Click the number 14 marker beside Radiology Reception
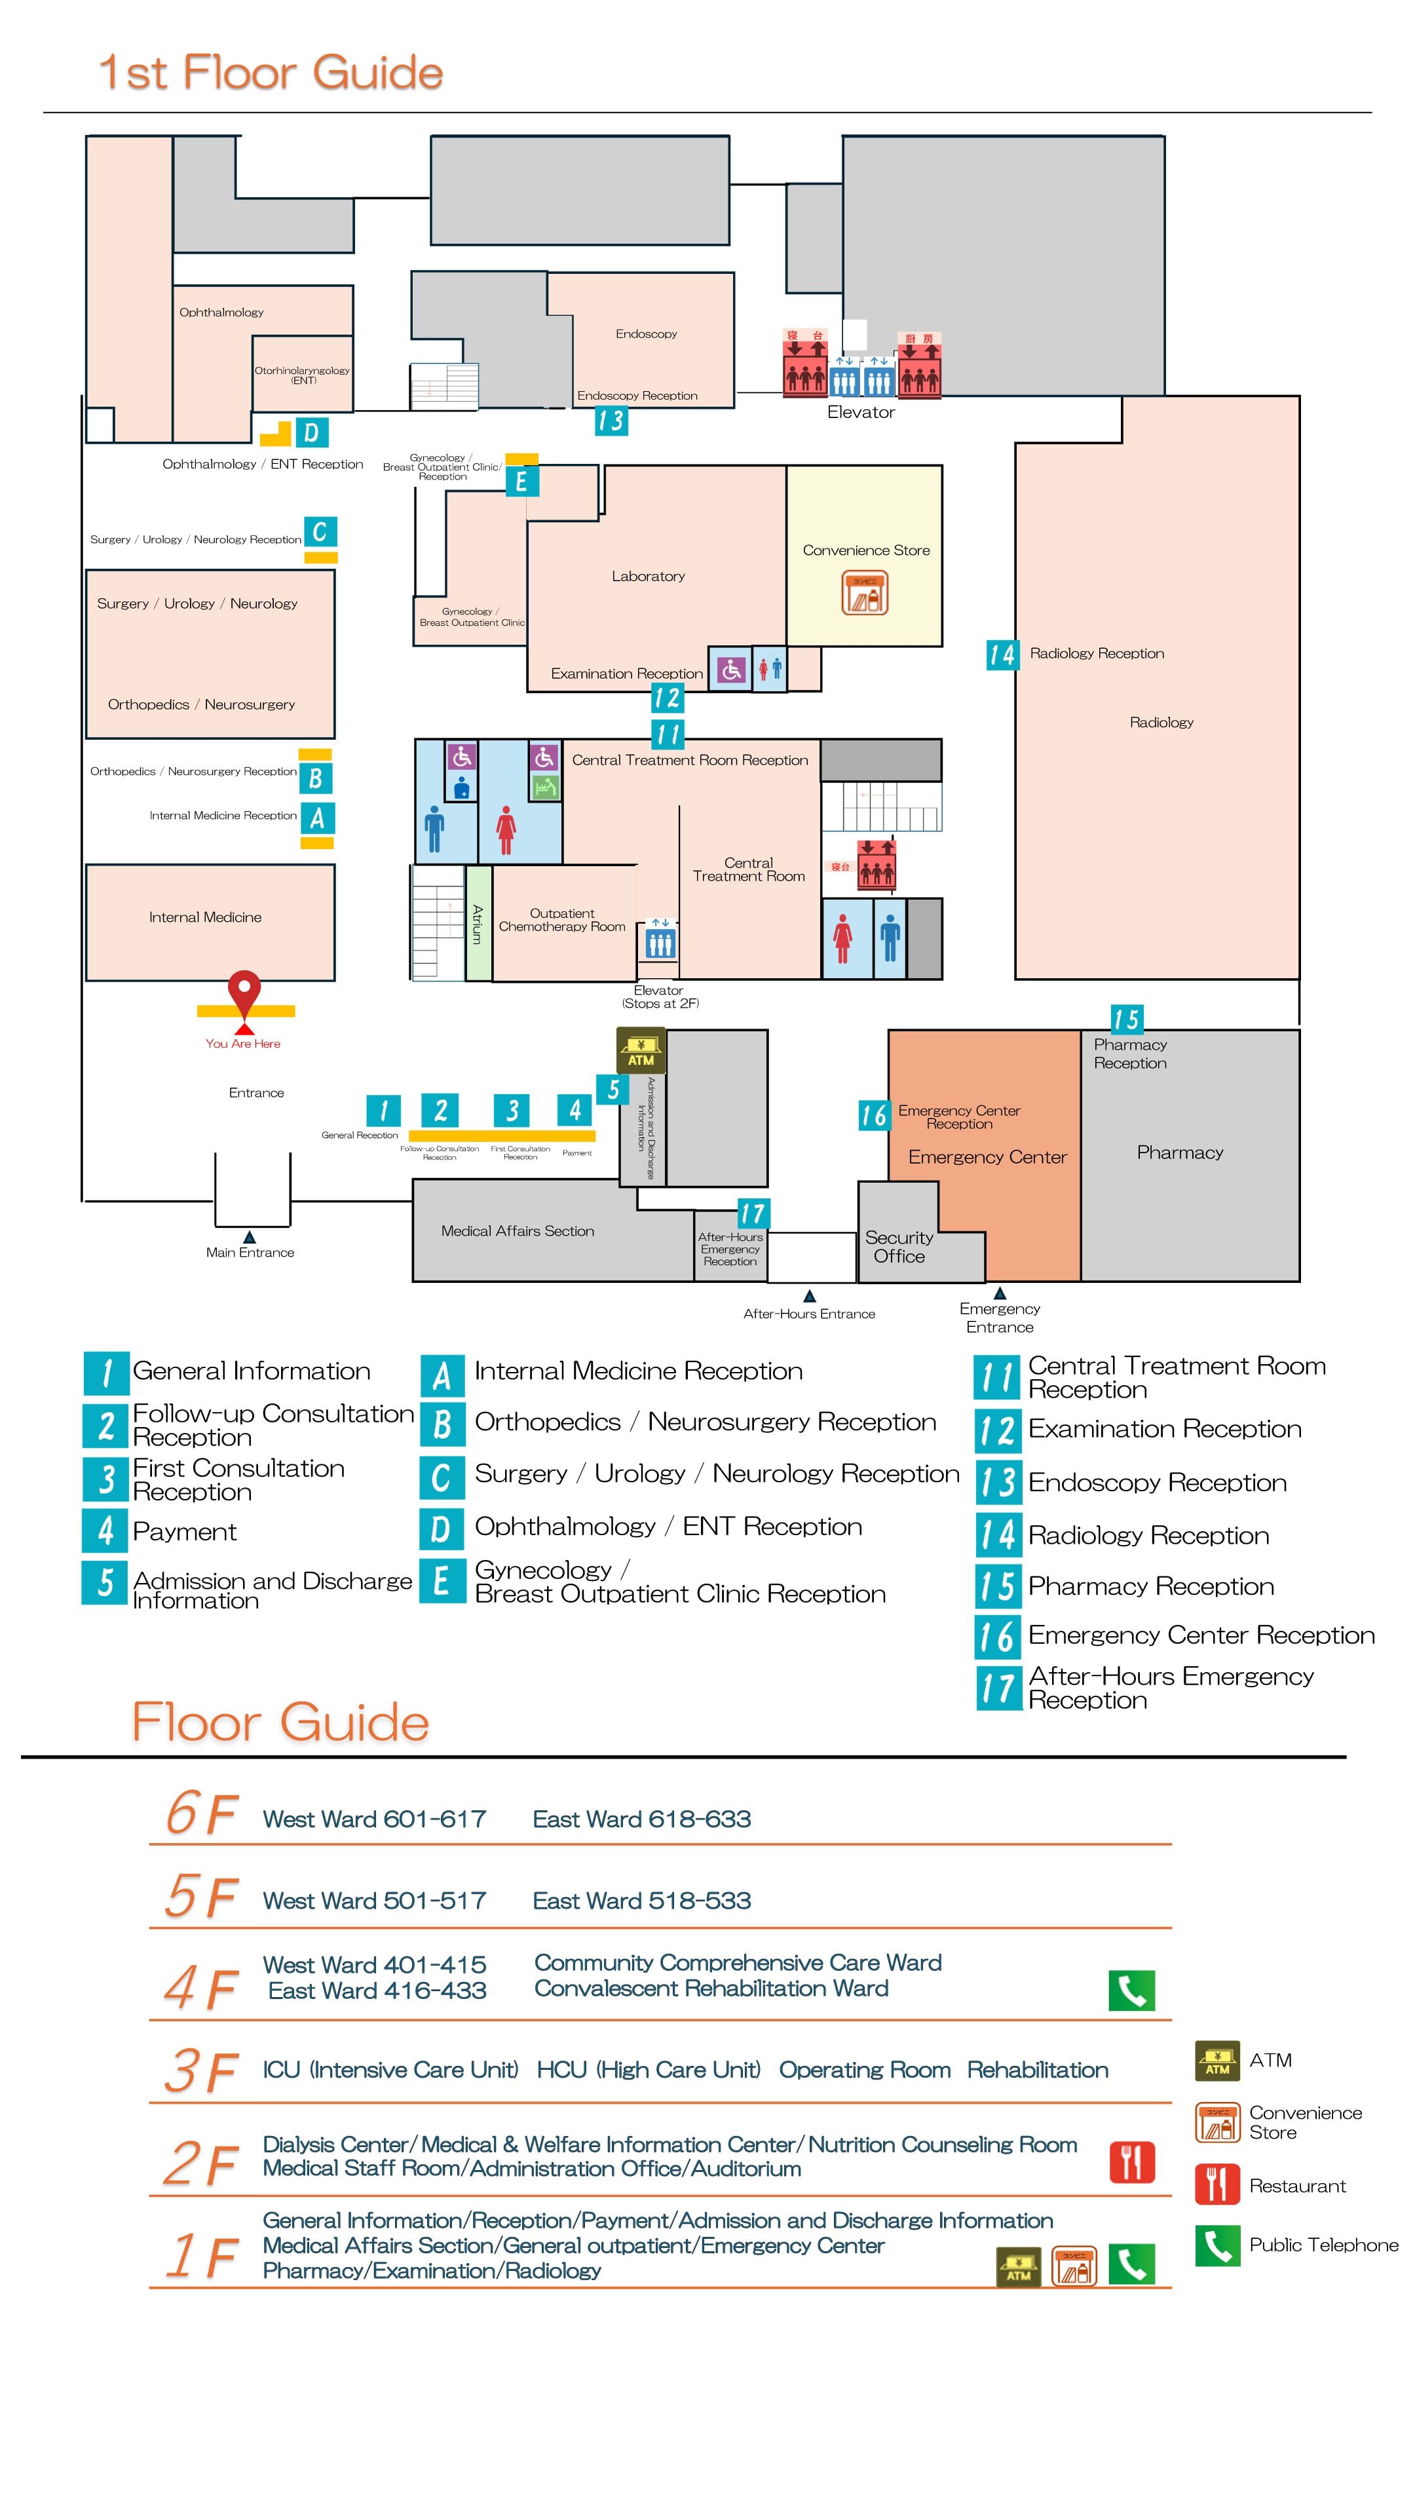coord(1002,655)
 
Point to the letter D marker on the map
coord(311,432)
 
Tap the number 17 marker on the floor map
coord(752,1213)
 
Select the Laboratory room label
coord(647,577)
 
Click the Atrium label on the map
coord(478,923)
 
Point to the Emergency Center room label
coord(987,1157)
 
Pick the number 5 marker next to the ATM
coord(613,1089)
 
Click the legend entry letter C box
coord(442,1477)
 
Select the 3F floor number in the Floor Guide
coord(201,2070)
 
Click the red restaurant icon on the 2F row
coord(1131,2162)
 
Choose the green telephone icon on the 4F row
coord(1131,1991)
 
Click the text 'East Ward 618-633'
coord(641,1819)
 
